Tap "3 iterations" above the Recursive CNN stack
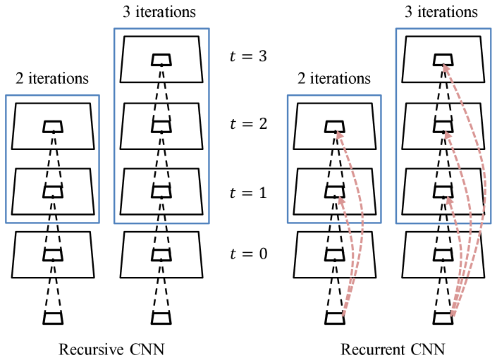(x=161, y=12)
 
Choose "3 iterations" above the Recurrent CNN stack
(x=443, y=12)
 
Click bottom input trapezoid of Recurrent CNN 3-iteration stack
(x=443, y=318)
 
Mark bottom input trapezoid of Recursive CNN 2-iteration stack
(x=53, y=318)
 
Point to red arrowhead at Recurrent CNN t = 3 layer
(x=444, y=66)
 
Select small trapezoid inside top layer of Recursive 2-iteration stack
(x=53, y=127)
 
